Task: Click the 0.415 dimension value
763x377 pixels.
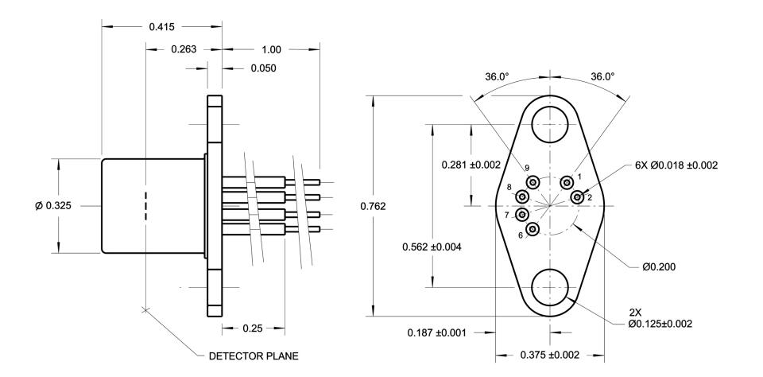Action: coord(161,27)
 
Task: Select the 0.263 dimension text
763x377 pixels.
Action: coord(184,49)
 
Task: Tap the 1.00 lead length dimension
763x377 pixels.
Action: coord(272,49)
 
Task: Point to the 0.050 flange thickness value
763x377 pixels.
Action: coord(263,68)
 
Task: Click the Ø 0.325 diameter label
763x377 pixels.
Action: coord(53,206)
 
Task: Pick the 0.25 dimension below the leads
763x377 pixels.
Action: coord(253,328)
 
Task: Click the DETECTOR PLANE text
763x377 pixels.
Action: coord(254,356)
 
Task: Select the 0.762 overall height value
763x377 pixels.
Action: coord(374,207)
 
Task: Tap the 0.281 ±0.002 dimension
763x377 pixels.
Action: coord(471,165)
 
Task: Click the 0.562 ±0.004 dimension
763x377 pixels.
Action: coord(432,247)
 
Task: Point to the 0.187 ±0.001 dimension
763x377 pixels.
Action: coord(436,333)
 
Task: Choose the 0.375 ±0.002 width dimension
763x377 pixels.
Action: coord(550,355)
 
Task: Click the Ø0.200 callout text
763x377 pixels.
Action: coord(659,267)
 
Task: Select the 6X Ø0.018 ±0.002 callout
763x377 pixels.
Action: coord(676,165)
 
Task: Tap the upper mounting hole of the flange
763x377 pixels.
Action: coord(550,125)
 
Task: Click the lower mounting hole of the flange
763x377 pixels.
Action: coord(550,287)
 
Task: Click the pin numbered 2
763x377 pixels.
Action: coord(577,197)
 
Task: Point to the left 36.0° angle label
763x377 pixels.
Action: coord(497,77)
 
